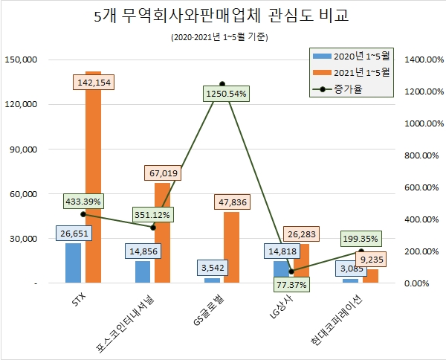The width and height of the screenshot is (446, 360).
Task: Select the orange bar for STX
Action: click(94, 179)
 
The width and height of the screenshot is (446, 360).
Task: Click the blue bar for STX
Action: click(73, 263)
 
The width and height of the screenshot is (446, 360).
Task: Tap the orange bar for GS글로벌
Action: click(232, 248)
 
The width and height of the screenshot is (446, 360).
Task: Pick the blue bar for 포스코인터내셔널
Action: click(143, 272)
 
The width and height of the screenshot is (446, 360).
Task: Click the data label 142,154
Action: click(95, 83)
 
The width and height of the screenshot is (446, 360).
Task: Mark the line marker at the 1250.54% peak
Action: click(222, 84)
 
